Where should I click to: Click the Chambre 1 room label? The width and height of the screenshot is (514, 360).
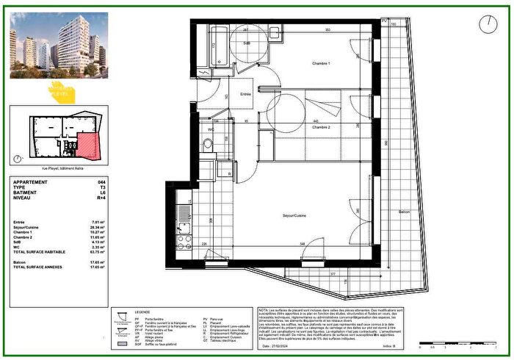319,65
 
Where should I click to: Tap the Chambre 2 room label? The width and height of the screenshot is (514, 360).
319,127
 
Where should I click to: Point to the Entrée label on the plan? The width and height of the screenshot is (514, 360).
246,94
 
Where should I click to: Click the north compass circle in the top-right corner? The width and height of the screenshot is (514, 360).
487,24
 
